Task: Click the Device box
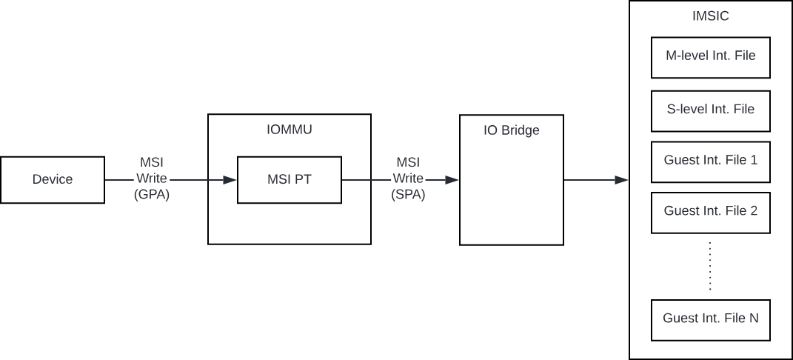pos(53,179)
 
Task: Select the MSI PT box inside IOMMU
pos(289,179)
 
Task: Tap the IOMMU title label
pos(289,130)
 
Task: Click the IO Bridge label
pos(512,131)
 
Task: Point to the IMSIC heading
pos(709,16)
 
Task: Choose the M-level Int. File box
pos(710,55)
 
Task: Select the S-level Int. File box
pos(710,110)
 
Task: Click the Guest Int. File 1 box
pos(710,160)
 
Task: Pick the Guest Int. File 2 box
pos(710,211)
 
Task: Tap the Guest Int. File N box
pos(710,319)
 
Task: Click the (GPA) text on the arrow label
pos(153,195)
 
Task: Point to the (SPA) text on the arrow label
pos(408,195)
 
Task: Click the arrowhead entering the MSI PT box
pos(230,179)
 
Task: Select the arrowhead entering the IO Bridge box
pos(453,179)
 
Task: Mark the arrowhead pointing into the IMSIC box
pos(623,179)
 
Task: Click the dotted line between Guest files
pos(710,265)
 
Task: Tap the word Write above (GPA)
pos(153,179)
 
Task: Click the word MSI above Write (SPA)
pos(408,162)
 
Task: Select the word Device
pos(53,179)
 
